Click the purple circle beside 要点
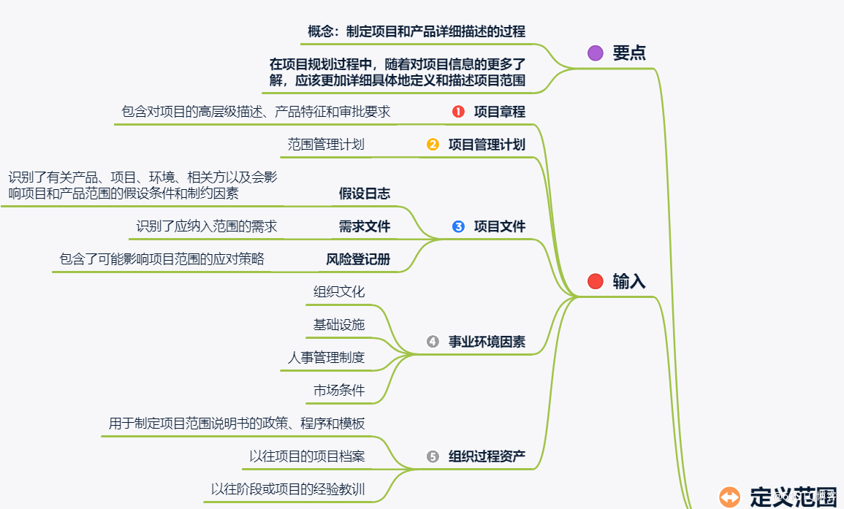pos(596,53)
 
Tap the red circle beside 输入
pos(596,281)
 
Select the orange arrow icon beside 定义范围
pos(729,497)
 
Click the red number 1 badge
pos(458,112)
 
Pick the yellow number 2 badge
pos(433,145)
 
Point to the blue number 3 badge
pos(458,226)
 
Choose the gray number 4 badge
pos(433,341)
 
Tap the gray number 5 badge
pos(433,456)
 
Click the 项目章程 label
pos(500,112)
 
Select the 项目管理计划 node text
pos(487,145)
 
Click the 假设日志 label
pos(365,194)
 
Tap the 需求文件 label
pos(365,226)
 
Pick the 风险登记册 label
pos(358,259)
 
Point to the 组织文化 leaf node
pos(339,292)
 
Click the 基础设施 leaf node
pos(339,324)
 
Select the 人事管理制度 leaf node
pos(326,358)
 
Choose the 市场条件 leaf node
pos(339,390)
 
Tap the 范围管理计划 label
pos(326,145)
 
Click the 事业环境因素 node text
pos(487,341)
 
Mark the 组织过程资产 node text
pos(487,456)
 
